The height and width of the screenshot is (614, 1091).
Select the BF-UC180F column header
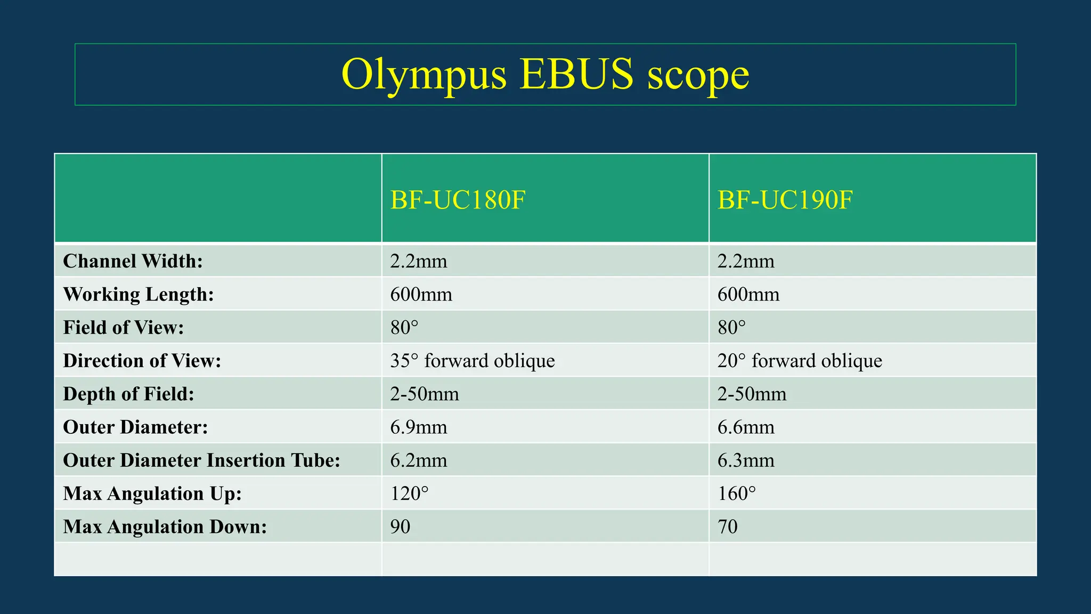[x=458, y=200]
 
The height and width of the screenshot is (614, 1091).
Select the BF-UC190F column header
[x=785, y=200]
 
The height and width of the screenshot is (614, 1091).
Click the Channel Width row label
[x=133, y=261]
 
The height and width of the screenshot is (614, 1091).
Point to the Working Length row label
[x=138, y=294]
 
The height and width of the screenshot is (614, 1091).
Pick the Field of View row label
[x=123, y=327]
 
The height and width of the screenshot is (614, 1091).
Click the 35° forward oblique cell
[x=472, y=361]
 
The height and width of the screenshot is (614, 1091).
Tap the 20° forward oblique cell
[x=799, y=361]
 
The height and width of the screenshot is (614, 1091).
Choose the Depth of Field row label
[x=128, y=394]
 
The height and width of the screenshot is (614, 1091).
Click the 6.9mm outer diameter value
[x=418, y=427]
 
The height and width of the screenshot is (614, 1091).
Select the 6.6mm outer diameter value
[x=745, y=427]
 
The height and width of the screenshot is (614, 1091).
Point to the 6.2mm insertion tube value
[x=418, y=461]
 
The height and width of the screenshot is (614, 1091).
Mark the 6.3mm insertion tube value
[x=745, y=461]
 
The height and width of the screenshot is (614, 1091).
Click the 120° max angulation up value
[x=409, y=494]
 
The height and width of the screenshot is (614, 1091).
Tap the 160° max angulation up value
[x=736, y=494]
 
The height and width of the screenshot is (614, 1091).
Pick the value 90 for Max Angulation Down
[x=400, y=527]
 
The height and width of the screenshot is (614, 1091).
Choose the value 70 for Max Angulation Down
[x=727, y=527]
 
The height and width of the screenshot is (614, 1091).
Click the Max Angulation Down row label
[x=165, y=527]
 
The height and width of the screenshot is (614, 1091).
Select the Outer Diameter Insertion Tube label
[x=201, y=461]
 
